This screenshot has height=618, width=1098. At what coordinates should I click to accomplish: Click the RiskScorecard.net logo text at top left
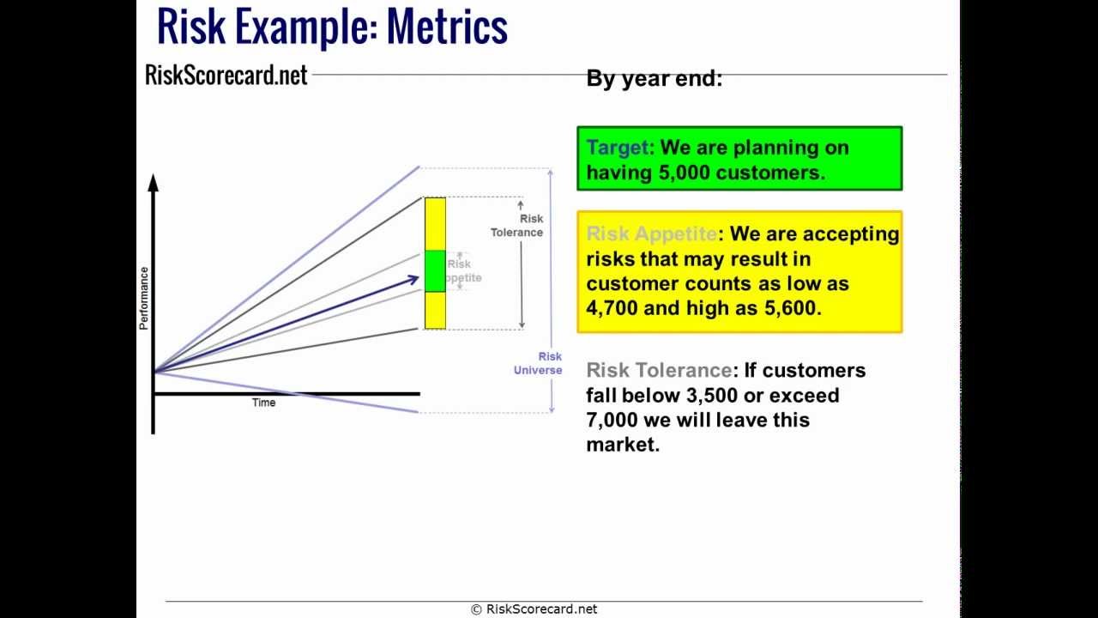click(226, 75)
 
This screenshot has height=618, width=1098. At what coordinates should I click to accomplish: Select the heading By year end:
click(654, 79)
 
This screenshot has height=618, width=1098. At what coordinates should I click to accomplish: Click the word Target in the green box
click(618, 148)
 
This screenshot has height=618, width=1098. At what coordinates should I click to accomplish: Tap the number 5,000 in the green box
click(684, 173)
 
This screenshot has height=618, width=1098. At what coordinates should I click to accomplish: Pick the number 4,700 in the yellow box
click(612, 308)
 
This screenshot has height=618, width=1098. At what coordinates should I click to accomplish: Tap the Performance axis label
click(144, 298)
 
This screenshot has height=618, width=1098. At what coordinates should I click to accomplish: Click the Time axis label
click(263, 403)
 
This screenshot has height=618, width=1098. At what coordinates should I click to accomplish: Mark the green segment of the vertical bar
click(435, 270)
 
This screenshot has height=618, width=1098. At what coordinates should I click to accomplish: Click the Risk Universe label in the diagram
click(539, 363)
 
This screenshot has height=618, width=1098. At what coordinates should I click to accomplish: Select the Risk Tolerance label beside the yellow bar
click(517, 226)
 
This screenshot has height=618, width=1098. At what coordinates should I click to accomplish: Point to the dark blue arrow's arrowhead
click(413, 279)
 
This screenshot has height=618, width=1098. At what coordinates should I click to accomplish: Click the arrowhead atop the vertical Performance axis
click(154, 182)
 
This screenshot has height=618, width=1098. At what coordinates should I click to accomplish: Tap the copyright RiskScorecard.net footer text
click(534, 609)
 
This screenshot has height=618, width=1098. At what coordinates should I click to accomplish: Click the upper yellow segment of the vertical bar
click(435, 223)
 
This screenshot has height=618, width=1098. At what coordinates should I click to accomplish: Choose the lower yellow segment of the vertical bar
click(435, 310)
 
